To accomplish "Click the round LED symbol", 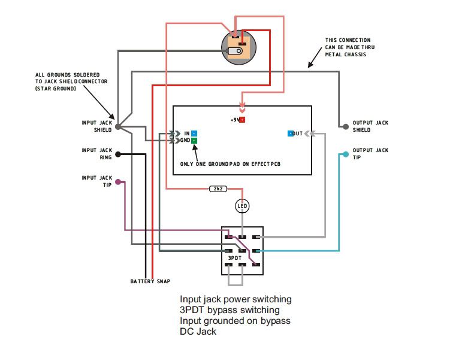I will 242,206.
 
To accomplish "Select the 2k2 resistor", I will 218,189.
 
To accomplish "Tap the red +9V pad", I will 242,120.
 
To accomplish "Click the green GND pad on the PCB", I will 194,141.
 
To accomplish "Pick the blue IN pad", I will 194,134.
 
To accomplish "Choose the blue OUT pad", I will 291,134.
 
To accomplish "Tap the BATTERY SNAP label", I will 149,281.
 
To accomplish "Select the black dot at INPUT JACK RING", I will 118,154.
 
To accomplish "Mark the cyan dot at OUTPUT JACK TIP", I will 345,154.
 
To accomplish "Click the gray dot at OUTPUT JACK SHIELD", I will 345,126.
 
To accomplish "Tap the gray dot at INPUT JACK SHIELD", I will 118,127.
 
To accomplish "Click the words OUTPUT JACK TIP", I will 370,154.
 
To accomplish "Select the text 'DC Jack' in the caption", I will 198,331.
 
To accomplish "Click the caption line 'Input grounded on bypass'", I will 235,320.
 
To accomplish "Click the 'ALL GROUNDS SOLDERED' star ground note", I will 71,81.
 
